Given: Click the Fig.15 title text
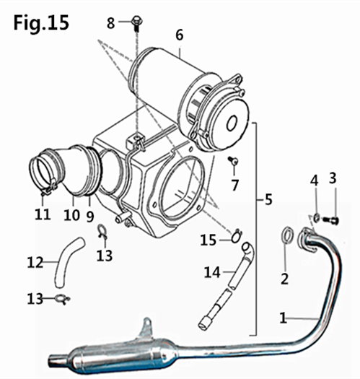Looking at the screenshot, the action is click(x=41, y=23).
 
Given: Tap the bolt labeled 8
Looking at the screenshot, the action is click(x=137, y=23).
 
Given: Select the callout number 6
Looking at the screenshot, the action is click(x=179, y=35).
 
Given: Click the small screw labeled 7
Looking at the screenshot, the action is click(x=234, y=160).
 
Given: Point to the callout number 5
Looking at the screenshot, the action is click(x=268, y=199).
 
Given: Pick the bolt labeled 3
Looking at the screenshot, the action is click(x=330, y=220).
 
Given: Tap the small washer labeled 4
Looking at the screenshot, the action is click(x=317, y=217).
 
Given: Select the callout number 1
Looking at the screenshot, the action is click(x=284, y=318).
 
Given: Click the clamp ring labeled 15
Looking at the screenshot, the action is click(x=236, y=235).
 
